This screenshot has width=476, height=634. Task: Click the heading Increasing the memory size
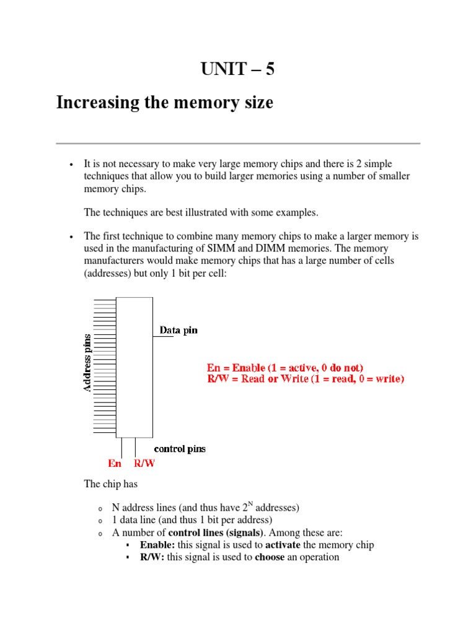point(164,102)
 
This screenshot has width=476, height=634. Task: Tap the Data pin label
point(178,330)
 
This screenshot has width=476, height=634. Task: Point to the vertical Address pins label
point(87,363)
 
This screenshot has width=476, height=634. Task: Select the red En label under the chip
point(115,463)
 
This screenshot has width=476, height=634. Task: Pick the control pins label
point(180,449)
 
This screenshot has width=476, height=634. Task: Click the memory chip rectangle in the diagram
point(134,367)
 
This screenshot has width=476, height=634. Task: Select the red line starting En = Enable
point(285,367)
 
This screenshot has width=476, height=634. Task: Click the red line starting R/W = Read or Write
point(306,379)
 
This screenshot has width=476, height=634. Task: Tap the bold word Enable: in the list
point(157,545)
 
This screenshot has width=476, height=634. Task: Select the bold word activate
point(283,545)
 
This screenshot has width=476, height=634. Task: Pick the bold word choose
point(270,557)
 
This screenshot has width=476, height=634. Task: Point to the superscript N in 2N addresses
point(253,505)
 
